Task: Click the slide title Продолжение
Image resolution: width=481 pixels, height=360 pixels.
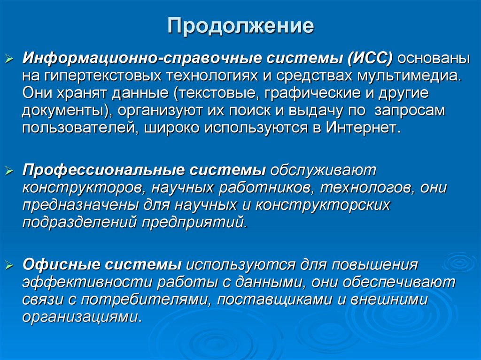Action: click(x=241, y=26)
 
